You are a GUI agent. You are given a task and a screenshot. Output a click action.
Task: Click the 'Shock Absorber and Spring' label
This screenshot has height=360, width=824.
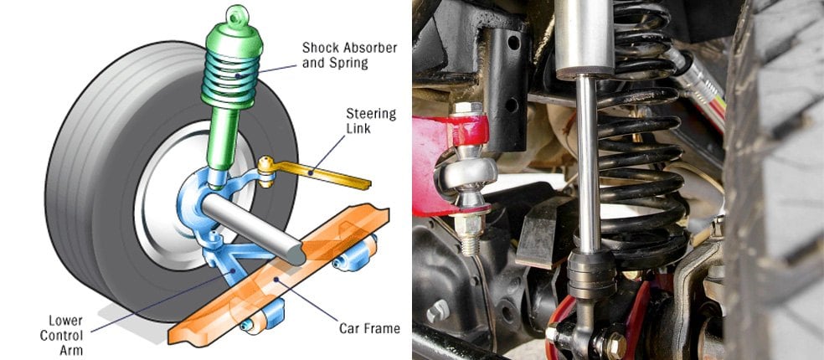349,55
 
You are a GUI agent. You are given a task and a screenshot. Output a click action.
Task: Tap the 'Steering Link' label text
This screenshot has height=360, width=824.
370,121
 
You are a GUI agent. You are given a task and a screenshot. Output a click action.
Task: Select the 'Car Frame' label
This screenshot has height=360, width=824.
369,329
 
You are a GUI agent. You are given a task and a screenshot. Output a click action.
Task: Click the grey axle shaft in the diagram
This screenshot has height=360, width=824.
253,228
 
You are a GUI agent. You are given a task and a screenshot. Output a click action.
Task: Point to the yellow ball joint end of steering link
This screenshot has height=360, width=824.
266,170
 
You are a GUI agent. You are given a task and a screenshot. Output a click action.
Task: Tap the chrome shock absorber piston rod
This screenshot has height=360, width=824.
588,163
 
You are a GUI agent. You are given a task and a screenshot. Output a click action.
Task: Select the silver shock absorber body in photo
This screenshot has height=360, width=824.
585,38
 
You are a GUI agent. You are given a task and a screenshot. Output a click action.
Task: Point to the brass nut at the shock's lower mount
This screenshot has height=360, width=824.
615,345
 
